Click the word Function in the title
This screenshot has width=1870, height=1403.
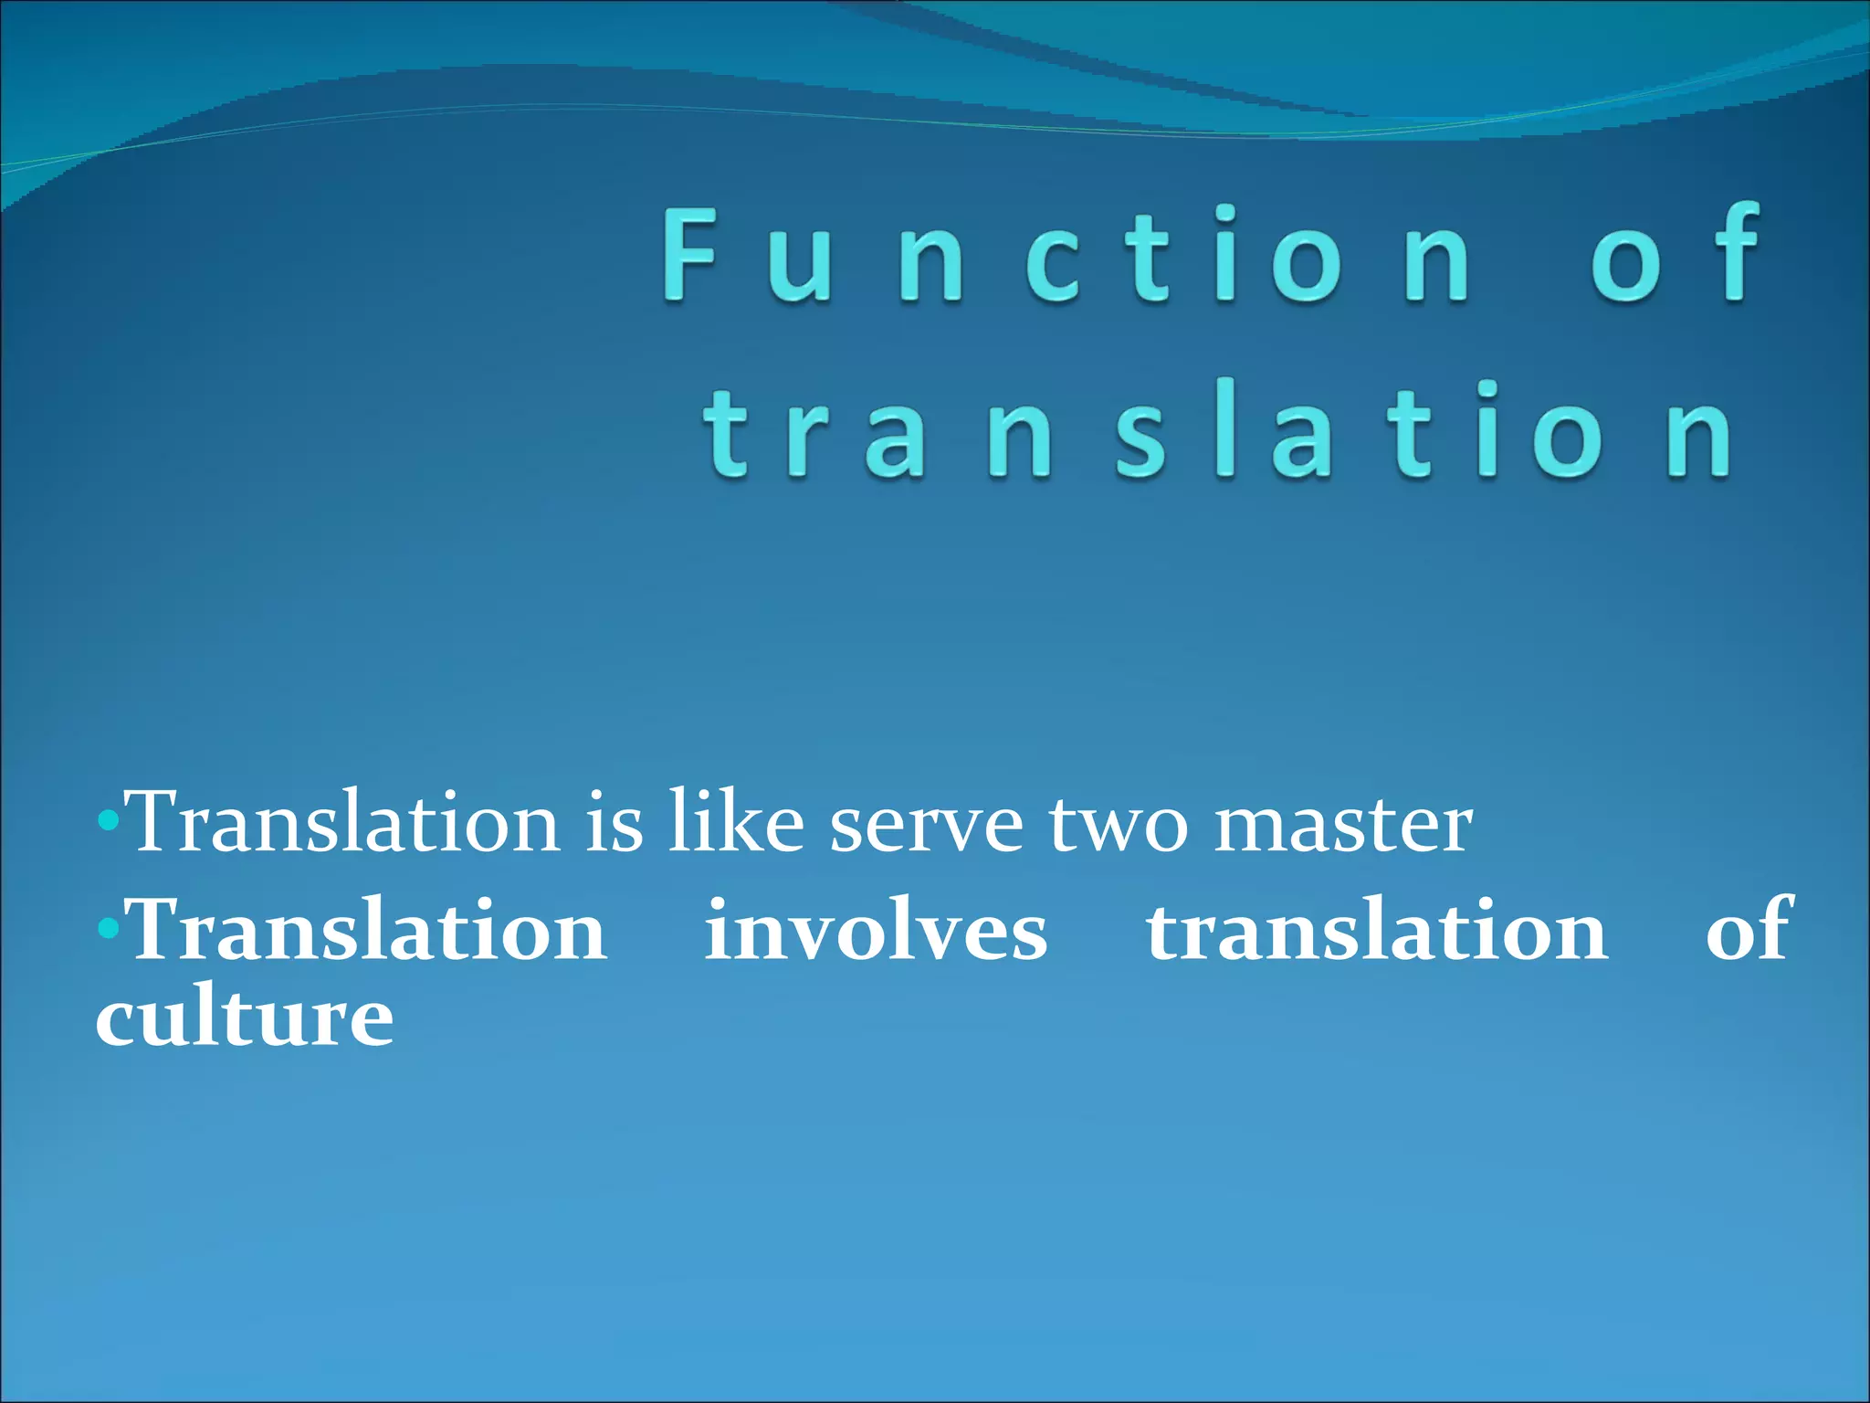(1065, 256)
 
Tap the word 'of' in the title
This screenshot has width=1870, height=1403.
(1676, 256)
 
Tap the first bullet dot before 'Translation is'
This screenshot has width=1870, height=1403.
(108, 820)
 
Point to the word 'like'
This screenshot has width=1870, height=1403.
(736, 822)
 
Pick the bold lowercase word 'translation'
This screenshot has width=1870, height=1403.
(1377, 930)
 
